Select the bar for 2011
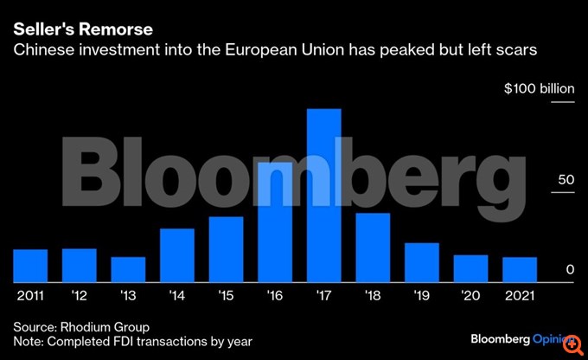(x=30, y=266)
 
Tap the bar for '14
(x=177, y=255)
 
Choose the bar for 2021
(x=520, y=270)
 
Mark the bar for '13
(x=128, y=270)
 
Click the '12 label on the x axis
(x=80, y=295)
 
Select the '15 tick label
(x=226, y=295)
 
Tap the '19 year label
(x=422, y=295)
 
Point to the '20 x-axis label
(x=470, y=295)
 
